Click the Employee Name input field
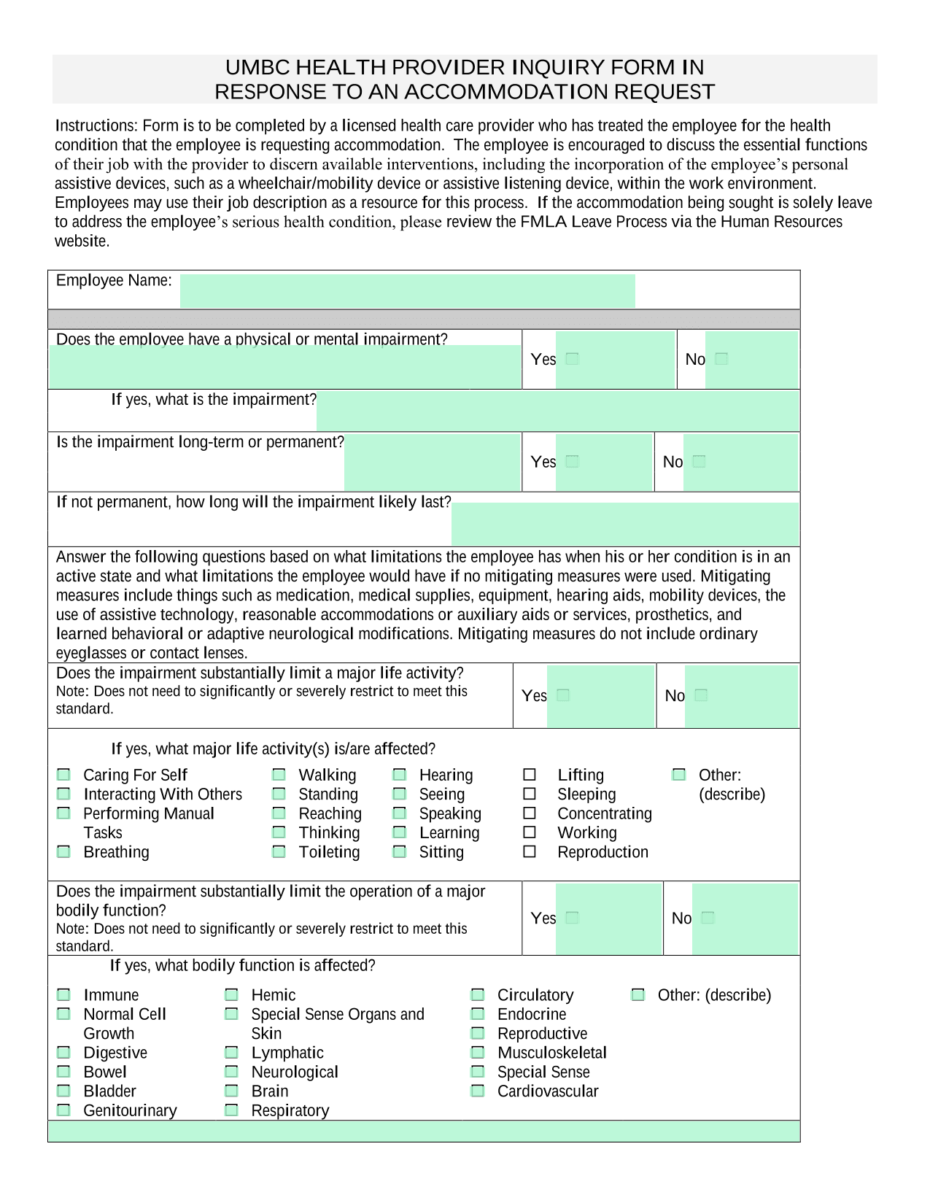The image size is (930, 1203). [x=407, y=290]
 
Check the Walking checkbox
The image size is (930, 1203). [x=279, y=775]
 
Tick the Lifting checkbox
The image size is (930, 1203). [x=530, y=775]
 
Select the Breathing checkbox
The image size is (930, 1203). [x=64, y=851]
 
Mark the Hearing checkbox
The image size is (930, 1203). [x=399, y=775]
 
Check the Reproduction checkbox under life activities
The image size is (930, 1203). [x=530, y=851]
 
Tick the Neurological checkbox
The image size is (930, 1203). [x=231, y=1072]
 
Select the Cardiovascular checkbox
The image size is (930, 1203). [x=478, y=1091]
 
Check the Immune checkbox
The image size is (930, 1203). [x=64, y=994]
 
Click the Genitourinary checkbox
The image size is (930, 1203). [x=64, y=1110]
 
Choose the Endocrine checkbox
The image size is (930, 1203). [x=478, y=1014]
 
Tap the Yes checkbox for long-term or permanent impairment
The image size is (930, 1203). [x=573, y=461]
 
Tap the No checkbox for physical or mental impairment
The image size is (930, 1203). [x=721, y=358]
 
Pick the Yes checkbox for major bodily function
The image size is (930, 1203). [x=573, y=918]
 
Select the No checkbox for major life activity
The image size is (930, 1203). [x=701, y=695]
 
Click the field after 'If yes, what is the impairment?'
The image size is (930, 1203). [x=557, y=410]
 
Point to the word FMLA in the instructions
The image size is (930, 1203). [x=543, y=222]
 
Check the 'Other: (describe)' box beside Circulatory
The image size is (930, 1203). [x=638, y=994]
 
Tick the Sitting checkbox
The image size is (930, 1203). [x=399, y=851]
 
